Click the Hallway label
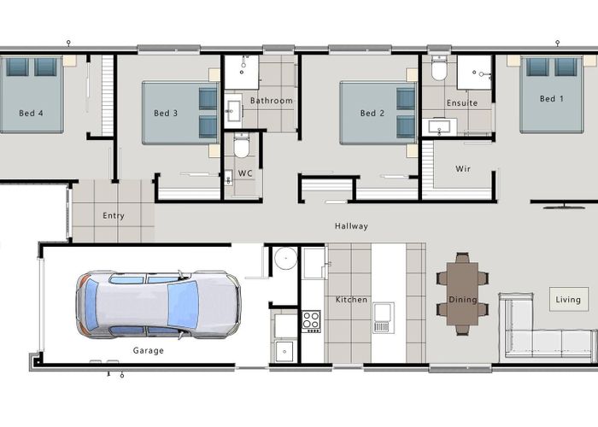point(351,226)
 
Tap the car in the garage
point(158,304)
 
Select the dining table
point(462,294)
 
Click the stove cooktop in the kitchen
point(311,321)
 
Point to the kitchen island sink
point(384,318)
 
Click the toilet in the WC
point(242,145)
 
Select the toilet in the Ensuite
point(439,68)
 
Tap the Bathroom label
point(272,101)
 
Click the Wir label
point(463,168)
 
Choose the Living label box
point(568,299)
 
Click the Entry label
point(114,216)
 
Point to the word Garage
point(149,350)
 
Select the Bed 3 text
point(166,113)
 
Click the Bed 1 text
point(552,99)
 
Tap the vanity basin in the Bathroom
point(232,110)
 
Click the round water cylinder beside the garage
point(285,258)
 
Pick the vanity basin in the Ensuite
point(439,126)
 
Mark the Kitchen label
point(351,300)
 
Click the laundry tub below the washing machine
point(284,352)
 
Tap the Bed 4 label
point(32,113)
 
